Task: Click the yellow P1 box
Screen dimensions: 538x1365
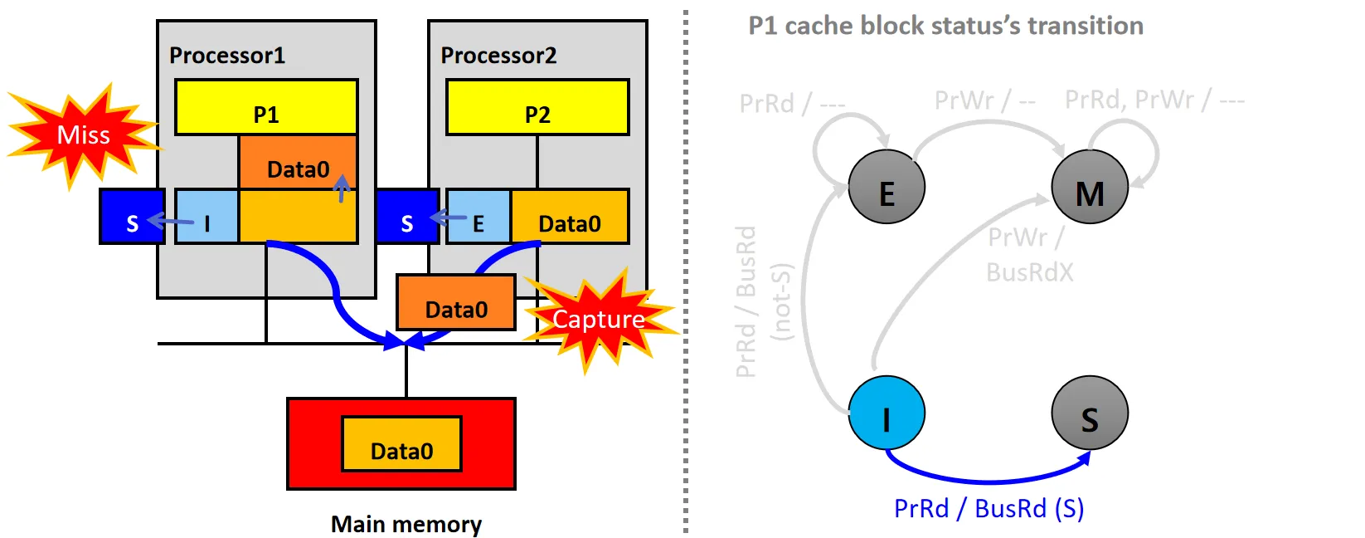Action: click(x=266, y=108)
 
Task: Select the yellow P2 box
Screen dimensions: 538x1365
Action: click(x=537, y=108)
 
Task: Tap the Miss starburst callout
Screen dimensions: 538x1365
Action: click(x=83, y=135)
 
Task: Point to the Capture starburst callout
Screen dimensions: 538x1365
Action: click(x=599, y=320)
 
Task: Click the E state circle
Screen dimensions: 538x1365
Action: click(x=887, y=187)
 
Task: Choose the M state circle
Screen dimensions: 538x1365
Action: click(x=1090, y=188)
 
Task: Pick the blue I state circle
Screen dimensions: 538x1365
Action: click(x=887, y=413)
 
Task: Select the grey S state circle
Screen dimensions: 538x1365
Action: click(x=1090, y=413)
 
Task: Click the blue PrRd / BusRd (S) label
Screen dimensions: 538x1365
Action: click(x=989, y=508)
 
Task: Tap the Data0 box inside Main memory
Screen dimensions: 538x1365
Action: click(x=401, y=444)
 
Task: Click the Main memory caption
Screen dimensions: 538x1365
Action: click(x=406, y=524)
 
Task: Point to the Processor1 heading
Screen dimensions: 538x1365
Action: click(x=227, y=56)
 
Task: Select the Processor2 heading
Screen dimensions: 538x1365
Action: click(x=498, y=56)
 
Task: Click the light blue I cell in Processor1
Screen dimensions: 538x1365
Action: click(x=207, y=218)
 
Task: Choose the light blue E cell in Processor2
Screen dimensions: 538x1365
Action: click(x=478, y=218)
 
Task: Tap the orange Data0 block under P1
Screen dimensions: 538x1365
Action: click(x=298, y=163)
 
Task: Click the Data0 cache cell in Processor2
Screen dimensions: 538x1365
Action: click(x=570, y=218)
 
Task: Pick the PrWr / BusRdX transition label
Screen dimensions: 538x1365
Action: click(x=1028, y=255)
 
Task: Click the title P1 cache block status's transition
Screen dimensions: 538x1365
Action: click(x=945, y=26)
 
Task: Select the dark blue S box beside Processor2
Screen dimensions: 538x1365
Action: click(x=406, y=218)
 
